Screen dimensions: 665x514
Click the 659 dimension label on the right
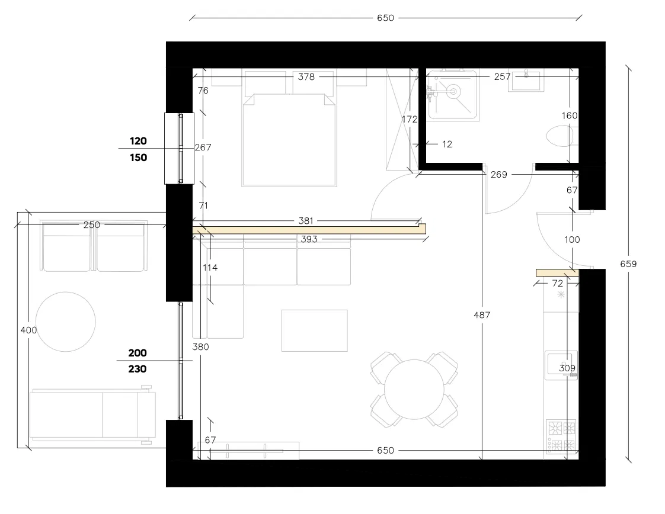[628, 264]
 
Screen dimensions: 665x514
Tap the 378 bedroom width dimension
[306, 77]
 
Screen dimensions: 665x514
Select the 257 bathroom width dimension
[502, 77]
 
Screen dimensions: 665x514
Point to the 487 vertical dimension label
[482, 315]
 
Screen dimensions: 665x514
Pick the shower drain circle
[453, 91]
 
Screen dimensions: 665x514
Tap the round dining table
[414, 390]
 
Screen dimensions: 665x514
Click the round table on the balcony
[66, 322]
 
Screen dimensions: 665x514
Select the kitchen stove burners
[561, 435]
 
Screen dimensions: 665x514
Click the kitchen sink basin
[561, 365]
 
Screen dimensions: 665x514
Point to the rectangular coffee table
[315, 330]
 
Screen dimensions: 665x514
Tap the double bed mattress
[289, 140]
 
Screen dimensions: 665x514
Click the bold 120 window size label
[138, 141]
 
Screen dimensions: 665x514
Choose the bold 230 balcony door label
[138, 369]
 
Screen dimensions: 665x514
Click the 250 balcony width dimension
[92, 224]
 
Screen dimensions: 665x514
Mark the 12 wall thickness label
[447, 144]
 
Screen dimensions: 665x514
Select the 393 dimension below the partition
[309, 239]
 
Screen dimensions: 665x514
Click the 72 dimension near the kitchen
[557, 283]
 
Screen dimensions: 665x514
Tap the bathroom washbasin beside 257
[526, 81]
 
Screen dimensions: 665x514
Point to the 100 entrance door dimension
[572, 239]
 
